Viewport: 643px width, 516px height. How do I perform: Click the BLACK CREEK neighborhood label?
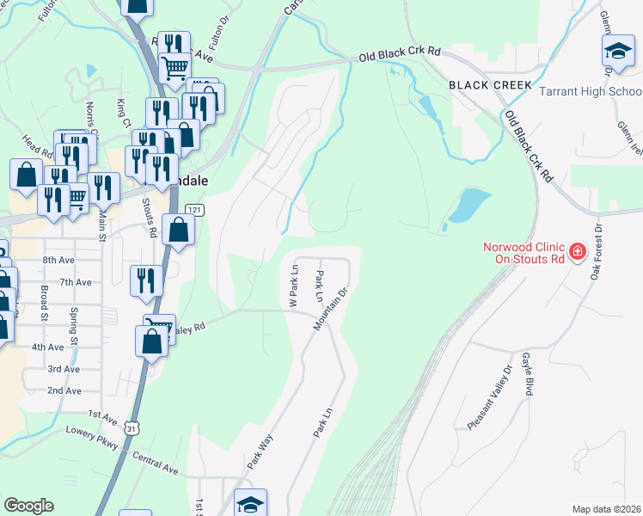489,85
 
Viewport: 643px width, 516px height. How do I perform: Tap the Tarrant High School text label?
590,92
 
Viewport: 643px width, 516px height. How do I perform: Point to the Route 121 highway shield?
194,210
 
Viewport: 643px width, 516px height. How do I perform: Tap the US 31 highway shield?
130,427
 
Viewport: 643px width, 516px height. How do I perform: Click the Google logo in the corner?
28,506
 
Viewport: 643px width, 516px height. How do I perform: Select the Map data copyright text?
606,509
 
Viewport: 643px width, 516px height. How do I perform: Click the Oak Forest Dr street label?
594,258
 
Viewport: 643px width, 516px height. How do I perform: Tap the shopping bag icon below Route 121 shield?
178,230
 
